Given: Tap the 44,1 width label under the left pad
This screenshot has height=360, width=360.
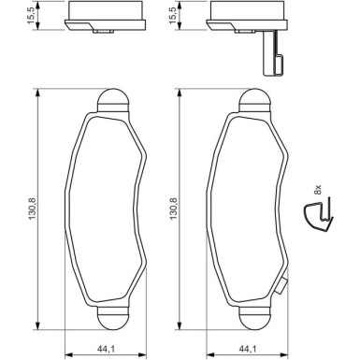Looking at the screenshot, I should [108, 350].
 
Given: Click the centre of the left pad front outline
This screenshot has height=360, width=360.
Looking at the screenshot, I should [108, 209].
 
